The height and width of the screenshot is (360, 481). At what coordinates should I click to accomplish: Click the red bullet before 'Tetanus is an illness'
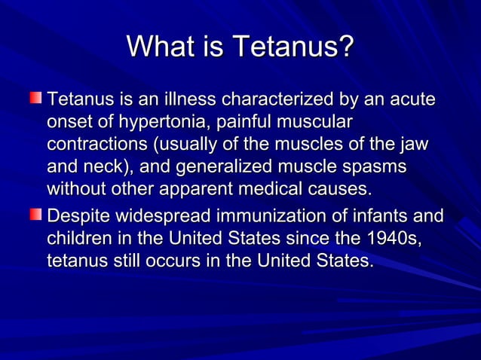click(37, 98)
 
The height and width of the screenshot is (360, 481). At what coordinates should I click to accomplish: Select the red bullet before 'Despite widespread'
click(37, 216)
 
